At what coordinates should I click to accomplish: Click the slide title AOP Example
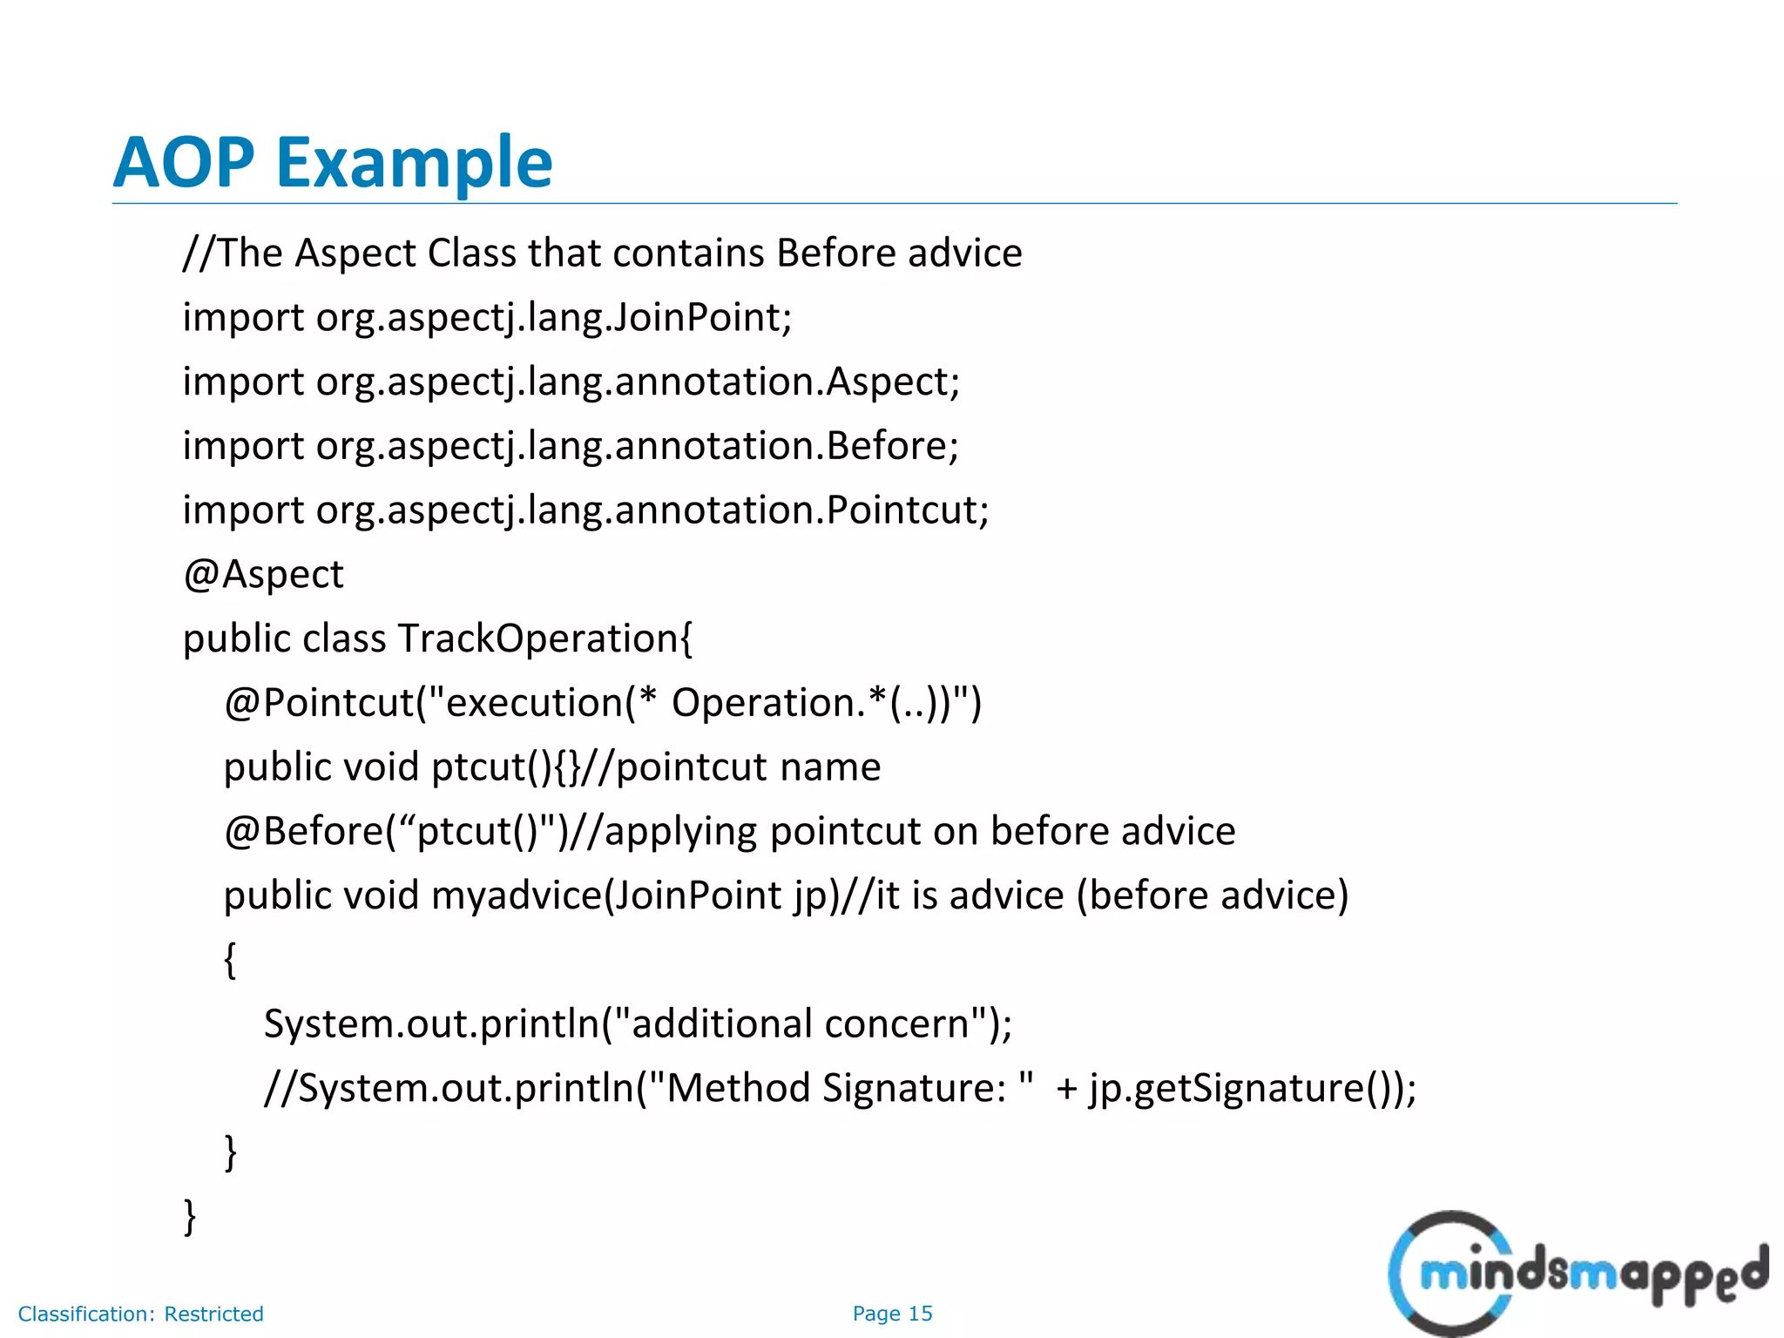pyautogui.click(x=333, y=163)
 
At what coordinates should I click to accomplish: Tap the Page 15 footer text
pyautogui.click(x=892, y=1314)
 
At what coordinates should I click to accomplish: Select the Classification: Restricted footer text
pyautogui.click(x=141, y=1314)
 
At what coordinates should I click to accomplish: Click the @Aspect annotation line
pyautogui.click(x=263, y=575)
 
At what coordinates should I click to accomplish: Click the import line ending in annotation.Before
pyautogui.click(x=571, y=446)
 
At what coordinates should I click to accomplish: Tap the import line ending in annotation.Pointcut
pyautogui.click(x=585, y=510)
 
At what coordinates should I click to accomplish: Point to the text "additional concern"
pyautogui.click(x=800, y=1024)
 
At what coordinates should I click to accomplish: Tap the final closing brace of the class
pyautogui.click(x=190, y=1216)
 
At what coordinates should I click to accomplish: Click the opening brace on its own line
pyautogui.click(x=230, y=960)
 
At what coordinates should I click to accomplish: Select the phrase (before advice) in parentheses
pyautogui.click(x=1213, y=895)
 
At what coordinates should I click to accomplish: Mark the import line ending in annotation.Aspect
pyautogui.click(x=571, y=382)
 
